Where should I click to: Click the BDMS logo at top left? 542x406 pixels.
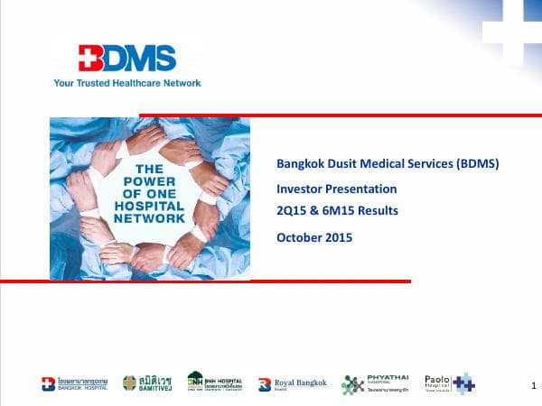(x=126, y=59)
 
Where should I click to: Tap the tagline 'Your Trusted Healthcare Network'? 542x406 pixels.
(x=127, y=83)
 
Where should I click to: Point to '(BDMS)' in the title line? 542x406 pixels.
(x=474, y=163)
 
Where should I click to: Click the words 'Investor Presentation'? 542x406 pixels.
(x=336, y=189)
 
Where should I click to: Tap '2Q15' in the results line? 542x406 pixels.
(x=293, y=210)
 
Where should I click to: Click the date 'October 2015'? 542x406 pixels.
(x=314, y=237)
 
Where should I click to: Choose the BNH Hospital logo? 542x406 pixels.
(x=214, y=383)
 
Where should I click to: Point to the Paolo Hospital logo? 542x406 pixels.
(x=449, y=383)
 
